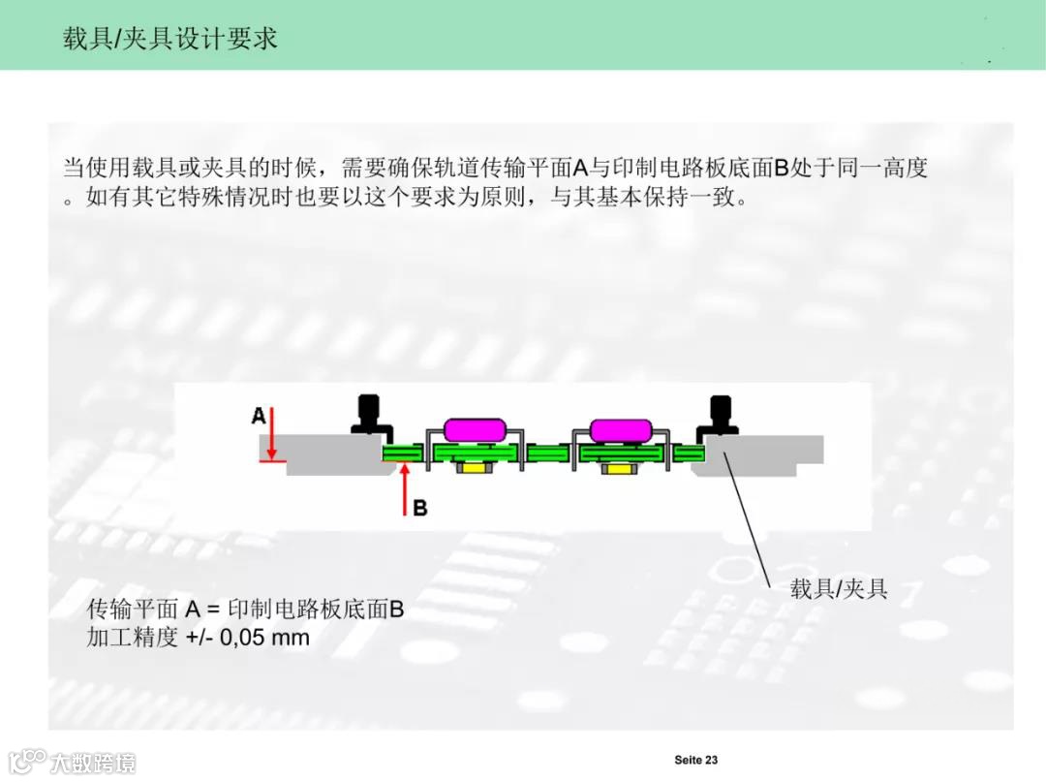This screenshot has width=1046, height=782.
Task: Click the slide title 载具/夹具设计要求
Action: [170, 38]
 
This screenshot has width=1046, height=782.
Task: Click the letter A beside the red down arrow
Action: [259, 416]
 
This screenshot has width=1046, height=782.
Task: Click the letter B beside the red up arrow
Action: [419, 507]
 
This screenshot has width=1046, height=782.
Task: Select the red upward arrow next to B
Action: [404, 489]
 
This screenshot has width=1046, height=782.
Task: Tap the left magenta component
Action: [474, 429]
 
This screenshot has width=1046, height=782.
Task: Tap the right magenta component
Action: [620, 429]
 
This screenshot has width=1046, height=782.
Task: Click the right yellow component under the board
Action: [617, 469]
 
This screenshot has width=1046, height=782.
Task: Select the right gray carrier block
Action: [770, 454]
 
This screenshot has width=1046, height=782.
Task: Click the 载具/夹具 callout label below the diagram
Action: [839, 589]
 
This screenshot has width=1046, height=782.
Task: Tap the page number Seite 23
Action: [695, 760]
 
